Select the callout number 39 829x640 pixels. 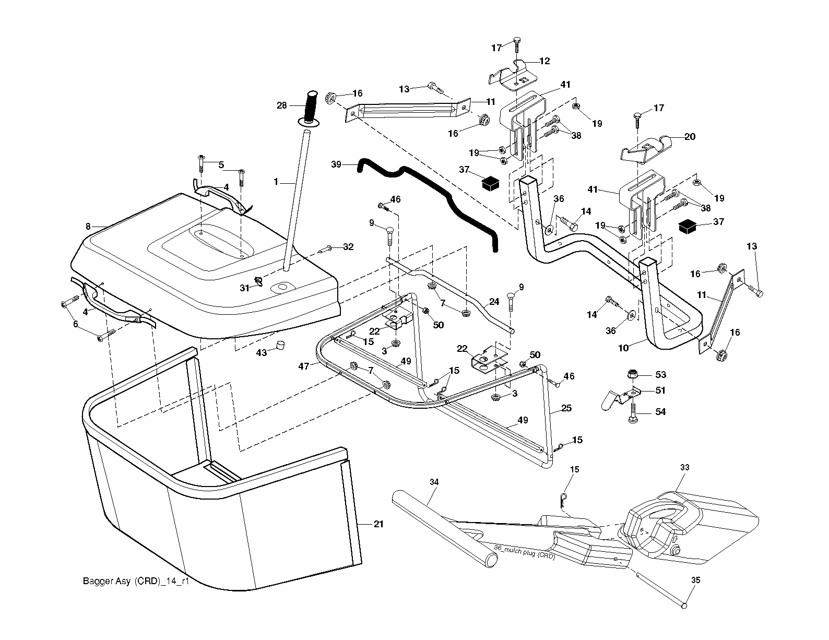click(336, 164)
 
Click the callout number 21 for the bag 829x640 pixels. click(378, 524)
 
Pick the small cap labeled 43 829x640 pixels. click(281, 345)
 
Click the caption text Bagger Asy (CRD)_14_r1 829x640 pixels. click(136, 581)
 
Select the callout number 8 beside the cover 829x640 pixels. click(88, 227)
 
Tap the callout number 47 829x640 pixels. click(304, 366)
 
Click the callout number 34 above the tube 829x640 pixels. click(434, 482)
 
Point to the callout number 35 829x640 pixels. click(696, 580)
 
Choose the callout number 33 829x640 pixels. click(685, 467)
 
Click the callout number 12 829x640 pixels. click(544, 61)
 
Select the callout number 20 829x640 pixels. click(690, 136)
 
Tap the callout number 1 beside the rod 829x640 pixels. click(276, 182)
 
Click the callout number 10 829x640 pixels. click(623, 348)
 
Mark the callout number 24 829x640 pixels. click(494, 302)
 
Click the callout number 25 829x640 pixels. click(566, 408)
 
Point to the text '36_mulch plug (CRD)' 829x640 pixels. click(524, 552)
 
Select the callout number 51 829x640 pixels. click(660, 390)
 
